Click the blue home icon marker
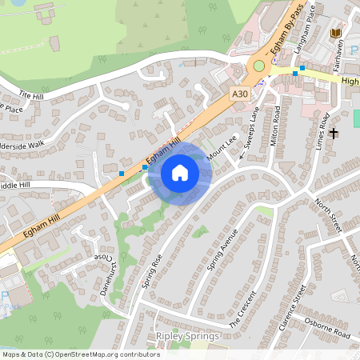pos(180,172)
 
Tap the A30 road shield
pos(239,94)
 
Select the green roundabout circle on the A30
pos(259,66)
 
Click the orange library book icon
pos(336,33)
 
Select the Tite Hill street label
pos(31,95)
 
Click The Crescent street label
pos(244,311)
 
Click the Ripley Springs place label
pos(187,336)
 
